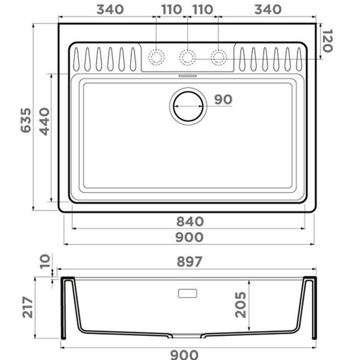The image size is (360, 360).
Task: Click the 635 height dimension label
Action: [x=26, y=121]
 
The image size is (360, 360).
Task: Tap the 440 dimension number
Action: [x=44, y=121]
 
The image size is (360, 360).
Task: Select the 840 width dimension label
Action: [x=190, y=221]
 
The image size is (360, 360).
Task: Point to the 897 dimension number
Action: [x=190, y=262]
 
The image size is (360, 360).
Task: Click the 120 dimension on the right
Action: [x=327, y=41]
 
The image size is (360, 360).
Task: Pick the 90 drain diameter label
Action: [x=223, y=100]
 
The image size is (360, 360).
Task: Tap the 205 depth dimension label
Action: [x=241, y=305]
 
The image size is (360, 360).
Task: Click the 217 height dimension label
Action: [x=28, y=307]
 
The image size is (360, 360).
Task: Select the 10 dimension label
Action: [x=45, y=262]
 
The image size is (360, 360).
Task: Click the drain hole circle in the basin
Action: [x=188, y=92]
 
